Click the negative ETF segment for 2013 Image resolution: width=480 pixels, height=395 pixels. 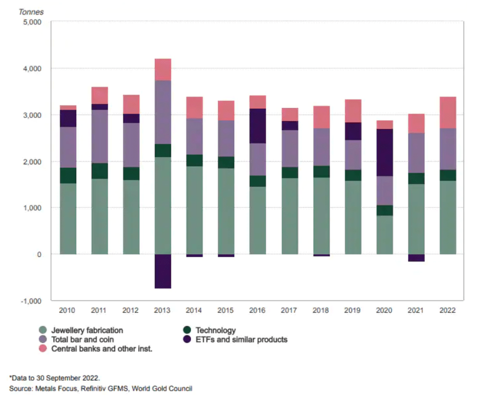click(163, 271)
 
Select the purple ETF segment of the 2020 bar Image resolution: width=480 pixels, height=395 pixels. click(385, 152)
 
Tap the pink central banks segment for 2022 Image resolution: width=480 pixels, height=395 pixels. click(447, 112)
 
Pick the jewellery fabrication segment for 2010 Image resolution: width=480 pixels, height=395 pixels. click(68, 219)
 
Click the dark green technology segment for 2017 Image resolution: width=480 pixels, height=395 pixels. click(290, 172)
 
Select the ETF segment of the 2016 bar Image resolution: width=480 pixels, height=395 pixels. click(258, 126)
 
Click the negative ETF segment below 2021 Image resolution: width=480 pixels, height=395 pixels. click(416, 258)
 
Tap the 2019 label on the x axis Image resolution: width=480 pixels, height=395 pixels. click(353, 310)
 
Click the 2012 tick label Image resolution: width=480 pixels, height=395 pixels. click(132, 310)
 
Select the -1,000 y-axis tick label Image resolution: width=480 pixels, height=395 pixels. click(33, 301)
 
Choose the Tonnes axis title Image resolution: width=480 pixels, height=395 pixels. click(31, 12)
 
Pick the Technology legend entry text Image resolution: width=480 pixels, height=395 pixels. click(215, 330)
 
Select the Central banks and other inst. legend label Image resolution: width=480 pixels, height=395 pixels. click(102, 348)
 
